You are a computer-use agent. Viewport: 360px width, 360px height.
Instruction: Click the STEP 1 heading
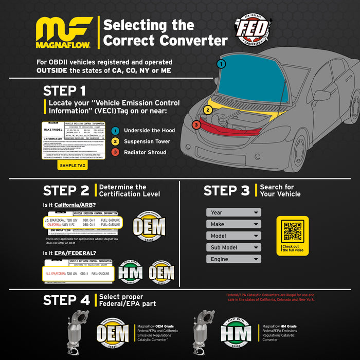tap(64, 91)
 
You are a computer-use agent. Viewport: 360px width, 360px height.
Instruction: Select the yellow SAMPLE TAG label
tap(72, 166)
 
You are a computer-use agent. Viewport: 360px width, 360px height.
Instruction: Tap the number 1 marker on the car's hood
tap(221, 64)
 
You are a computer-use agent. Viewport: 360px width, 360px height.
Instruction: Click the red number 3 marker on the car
tap(197, 124)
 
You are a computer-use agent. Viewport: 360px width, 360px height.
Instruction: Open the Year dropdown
tap(233, 212)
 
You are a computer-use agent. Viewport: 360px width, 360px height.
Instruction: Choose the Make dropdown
tap(233, 224)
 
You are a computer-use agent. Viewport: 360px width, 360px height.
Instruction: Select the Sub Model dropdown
tap(233, 247)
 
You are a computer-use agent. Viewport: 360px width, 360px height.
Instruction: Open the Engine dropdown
tap(233, 259)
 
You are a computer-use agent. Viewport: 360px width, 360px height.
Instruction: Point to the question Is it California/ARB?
tap(68, 205)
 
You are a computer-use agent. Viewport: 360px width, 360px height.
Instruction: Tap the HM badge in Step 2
tap(131, 273)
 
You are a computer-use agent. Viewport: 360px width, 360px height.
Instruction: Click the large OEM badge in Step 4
tap(113, 333)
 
